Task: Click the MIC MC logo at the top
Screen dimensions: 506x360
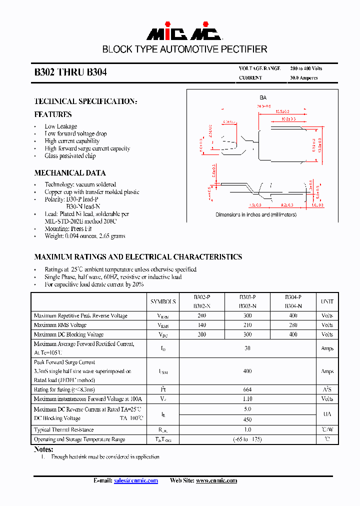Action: point(184,33)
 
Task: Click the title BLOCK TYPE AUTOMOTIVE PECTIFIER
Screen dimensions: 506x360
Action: point(184,49)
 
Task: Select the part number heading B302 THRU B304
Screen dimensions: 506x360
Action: point(70,72)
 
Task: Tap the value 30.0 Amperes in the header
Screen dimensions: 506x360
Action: point(303,78)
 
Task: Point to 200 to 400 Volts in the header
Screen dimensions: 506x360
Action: point(306,68)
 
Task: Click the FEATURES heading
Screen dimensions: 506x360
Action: point(53,114)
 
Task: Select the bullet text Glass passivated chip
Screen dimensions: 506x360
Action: point(70,156)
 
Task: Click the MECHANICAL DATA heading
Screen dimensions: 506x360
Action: point(70,173)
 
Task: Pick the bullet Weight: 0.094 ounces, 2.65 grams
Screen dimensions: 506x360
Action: point(84,236)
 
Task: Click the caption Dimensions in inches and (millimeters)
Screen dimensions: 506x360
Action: point(255,214)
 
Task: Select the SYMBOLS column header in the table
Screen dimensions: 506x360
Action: point(163,302)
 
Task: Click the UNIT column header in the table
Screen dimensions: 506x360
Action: point(327,302)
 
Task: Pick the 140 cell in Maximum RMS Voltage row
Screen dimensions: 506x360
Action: point(201,325)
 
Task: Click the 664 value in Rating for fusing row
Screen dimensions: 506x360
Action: point(247,389)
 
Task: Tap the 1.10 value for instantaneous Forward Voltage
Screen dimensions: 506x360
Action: point(247,399)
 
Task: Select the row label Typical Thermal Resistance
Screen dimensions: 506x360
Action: point(63,430)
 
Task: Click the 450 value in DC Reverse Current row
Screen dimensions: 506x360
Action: point(247,420)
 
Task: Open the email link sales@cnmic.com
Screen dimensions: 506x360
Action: point(136,480)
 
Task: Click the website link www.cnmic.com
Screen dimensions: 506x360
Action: point(216,480)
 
